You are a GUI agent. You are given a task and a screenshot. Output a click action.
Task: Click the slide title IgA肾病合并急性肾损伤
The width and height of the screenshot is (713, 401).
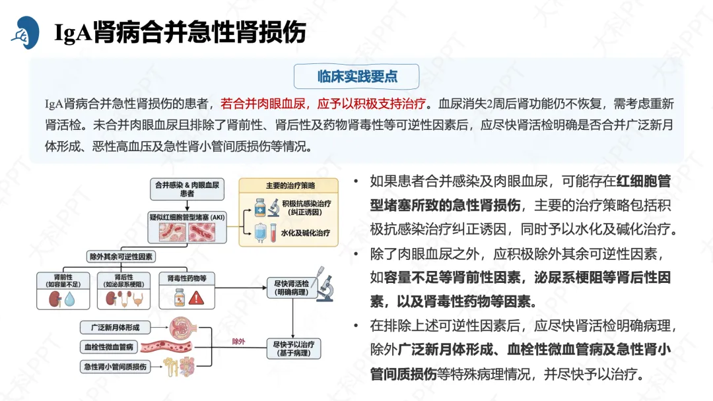coord(180,32)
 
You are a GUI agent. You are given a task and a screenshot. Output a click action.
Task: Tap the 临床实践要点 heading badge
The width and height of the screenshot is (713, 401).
coord(357,77)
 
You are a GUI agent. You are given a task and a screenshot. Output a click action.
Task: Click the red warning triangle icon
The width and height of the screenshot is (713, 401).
coord(196,298)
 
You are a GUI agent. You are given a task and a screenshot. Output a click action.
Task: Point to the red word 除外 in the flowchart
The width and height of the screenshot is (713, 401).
coord(238,342)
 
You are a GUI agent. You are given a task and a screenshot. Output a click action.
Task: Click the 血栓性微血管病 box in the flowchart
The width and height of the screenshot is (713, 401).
coord(109,346)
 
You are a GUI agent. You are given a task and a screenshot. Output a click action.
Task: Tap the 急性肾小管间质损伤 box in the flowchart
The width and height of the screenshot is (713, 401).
coord(114,366)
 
